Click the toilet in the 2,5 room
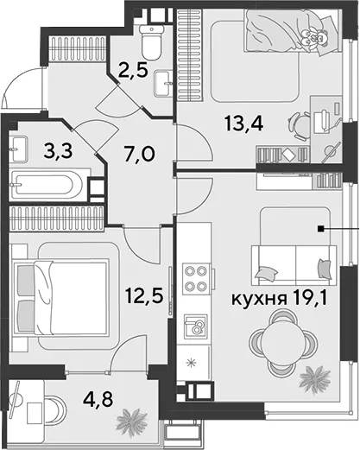151,41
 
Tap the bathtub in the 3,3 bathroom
47,185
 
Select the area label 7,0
140,153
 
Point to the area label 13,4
244,124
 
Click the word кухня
259,299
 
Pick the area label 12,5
144,295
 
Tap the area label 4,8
98,399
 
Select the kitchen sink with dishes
196,326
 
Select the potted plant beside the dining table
314,377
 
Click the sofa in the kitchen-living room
294,265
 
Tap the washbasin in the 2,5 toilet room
163,83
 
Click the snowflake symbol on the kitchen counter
190,364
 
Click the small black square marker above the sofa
319,229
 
